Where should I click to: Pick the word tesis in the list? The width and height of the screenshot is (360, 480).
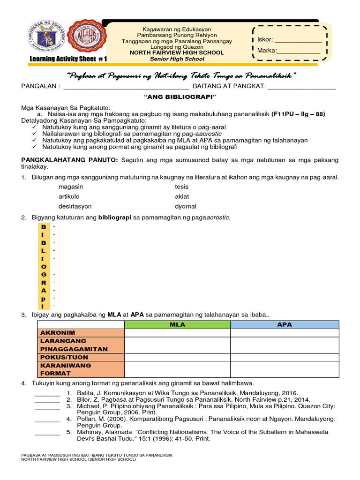point(182,187)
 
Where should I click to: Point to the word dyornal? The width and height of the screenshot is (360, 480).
point(186,206)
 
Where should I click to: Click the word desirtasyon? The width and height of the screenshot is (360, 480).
point(75,206)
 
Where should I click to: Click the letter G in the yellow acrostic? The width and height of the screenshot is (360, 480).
point(44,274)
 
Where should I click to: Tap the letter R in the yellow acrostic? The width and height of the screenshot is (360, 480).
point(44,282)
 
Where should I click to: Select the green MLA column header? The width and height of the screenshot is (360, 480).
point(177,324)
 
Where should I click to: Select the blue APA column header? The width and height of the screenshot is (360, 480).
point(284,324)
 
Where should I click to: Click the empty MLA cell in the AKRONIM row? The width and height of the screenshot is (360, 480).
point(177,333)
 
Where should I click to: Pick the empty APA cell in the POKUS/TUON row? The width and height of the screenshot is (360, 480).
point(284,357)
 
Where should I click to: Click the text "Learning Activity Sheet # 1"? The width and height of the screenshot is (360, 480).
point(68,59)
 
